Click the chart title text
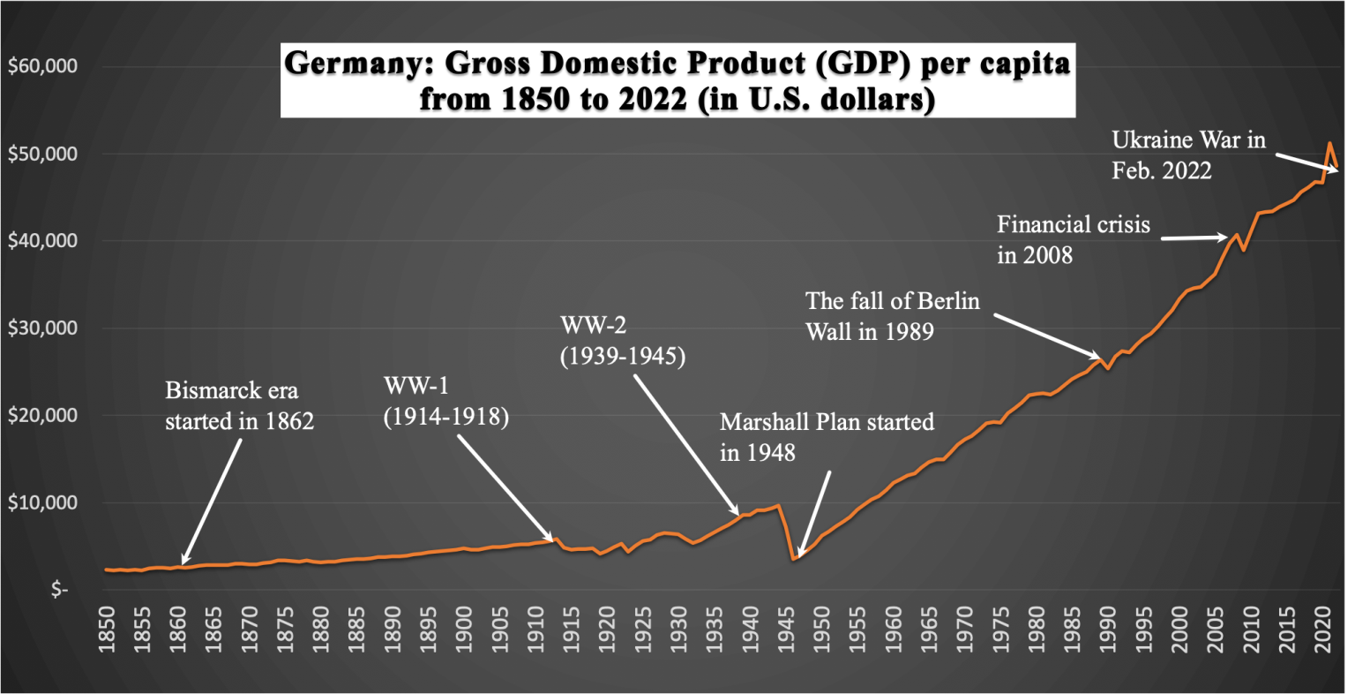click(x=677, y=81)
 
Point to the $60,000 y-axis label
click(x=43, y=67)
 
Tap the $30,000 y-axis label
click(x=43, y=328)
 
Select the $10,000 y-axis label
click(x=43, y=503)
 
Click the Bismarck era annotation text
click(x=240, y=405)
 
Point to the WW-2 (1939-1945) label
click(x=623, y=342)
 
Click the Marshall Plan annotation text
click(x=827, y=437)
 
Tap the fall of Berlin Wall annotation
click(x=893, y=316)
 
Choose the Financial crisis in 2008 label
click(x=1074, y=239)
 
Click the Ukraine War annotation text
click(x=1188, y=154)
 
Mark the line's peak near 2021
click(x=1330, y=143)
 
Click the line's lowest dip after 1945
click(x=794, y=558)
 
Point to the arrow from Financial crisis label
click(x=1193, y=238)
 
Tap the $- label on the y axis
click(x=59, y=590)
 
